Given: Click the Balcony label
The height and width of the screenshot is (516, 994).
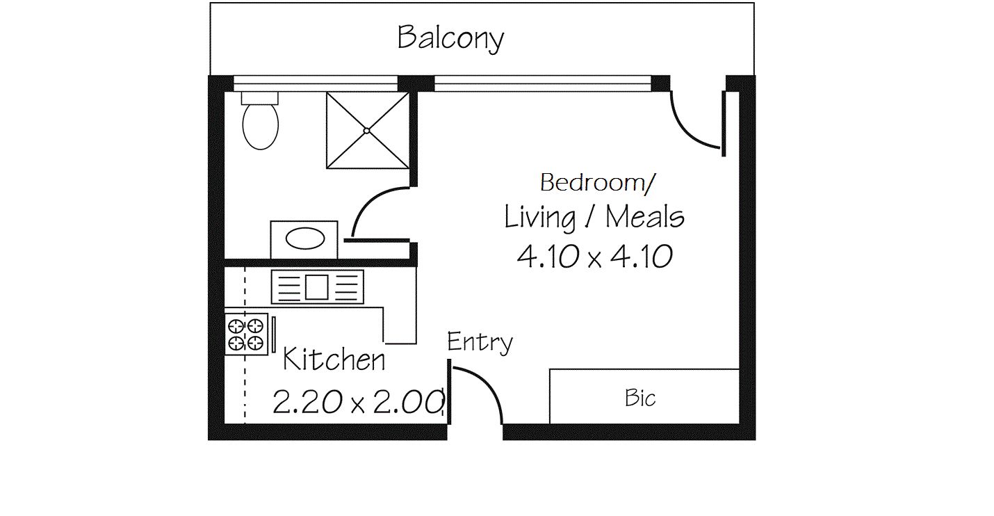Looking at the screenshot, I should [450, 38].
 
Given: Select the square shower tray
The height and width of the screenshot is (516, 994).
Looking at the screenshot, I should [367, 130].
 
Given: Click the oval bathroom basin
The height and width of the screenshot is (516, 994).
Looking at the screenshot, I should [305, 239].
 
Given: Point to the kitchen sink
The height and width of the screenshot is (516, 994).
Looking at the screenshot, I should [317, 287].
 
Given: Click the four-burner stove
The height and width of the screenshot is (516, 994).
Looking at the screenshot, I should [246, 334].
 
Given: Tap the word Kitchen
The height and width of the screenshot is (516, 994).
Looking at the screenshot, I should [334, 360].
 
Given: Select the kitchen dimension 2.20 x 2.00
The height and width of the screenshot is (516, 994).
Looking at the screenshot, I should [358, 402].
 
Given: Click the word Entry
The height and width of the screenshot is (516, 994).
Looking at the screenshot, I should [480, 342].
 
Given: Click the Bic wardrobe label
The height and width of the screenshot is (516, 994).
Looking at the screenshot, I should [640, 398].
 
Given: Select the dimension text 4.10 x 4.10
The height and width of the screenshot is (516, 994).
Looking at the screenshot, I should [594, 257].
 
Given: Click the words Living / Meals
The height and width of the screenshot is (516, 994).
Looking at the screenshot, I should [594, 218].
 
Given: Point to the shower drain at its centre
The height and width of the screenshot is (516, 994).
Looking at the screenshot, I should [366, 130].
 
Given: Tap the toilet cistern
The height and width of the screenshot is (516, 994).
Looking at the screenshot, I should [260, 97].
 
